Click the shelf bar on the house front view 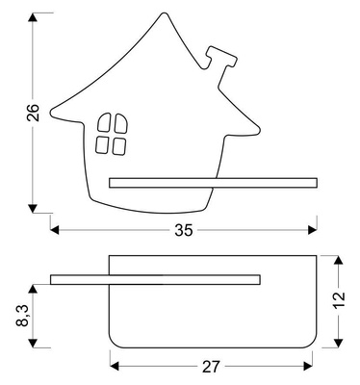(213, 181)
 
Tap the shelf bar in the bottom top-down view (154, 280)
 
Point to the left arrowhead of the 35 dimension (54, 229)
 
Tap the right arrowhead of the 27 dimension (311, 364)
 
